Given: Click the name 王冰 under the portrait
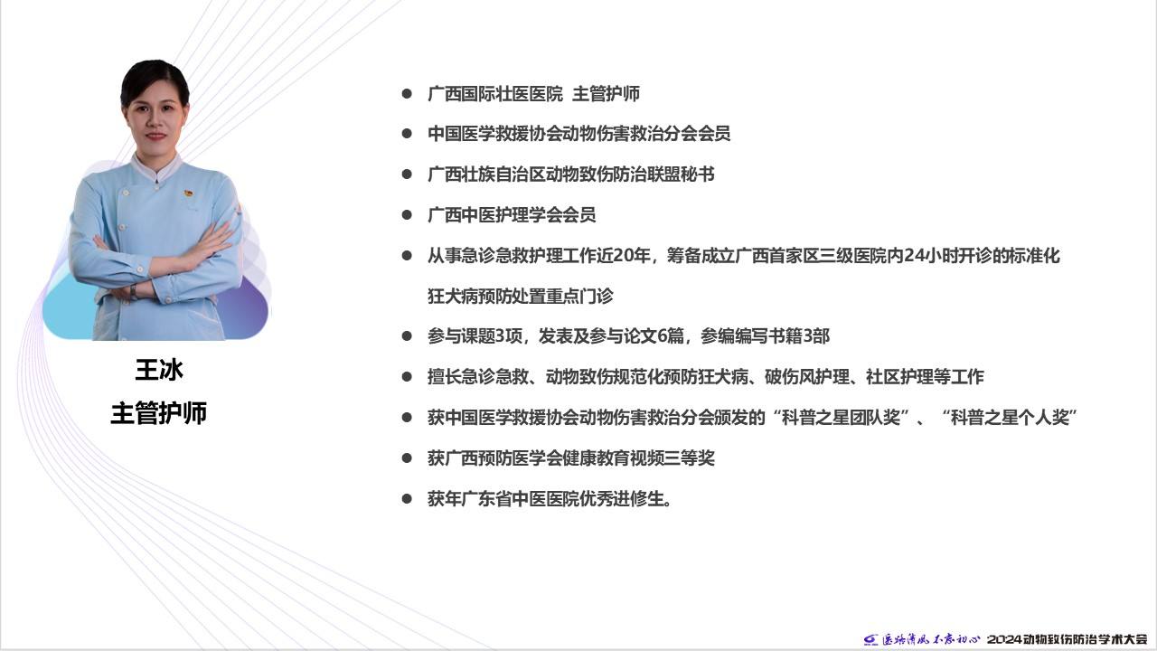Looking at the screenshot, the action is point(159,370).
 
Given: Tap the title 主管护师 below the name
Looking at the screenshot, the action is point(159,413).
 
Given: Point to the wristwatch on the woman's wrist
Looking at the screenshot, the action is point(134,292).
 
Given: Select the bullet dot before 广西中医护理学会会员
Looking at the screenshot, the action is point(407,215).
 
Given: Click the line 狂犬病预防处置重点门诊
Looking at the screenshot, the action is point(520,296).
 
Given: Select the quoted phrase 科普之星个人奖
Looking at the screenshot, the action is point(1010,418).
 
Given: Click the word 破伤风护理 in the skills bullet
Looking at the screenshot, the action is point(807,377).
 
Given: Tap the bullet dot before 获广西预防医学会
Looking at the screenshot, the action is point(407,458).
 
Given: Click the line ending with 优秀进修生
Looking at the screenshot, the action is point(550,499).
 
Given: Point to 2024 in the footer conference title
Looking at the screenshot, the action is point(1007,639).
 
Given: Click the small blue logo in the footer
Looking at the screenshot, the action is point(870,640).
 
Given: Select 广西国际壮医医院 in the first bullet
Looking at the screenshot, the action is point(494,94).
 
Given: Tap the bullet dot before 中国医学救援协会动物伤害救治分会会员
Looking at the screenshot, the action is point(407,134).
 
